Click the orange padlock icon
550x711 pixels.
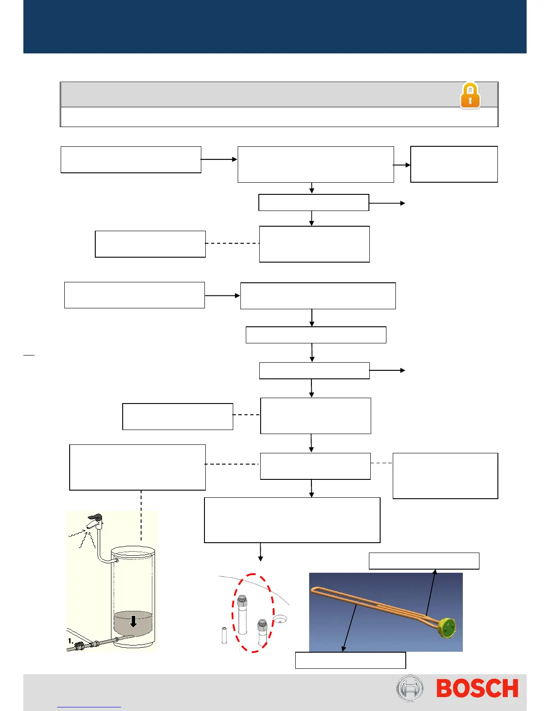coord(470,95)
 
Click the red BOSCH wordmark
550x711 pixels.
coord(477,689)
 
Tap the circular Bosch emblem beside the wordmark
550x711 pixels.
coord(409,688)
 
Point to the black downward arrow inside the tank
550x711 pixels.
coord(133,621)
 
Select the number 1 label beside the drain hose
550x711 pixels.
coord(71,641)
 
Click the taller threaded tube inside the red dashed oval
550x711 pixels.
coord(242,614)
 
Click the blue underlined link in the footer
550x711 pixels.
coord(89,707)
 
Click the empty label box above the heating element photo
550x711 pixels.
coord(424,561)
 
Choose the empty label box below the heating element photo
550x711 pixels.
coord(350,660)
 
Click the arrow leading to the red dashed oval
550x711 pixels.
coord(261,553)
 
